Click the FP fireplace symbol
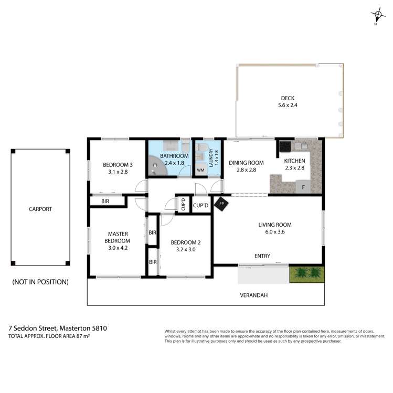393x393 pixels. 221,204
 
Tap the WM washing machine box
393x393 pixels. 201,170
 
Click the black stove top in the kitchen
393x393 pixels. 284,146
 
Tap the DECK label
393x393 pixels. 288,98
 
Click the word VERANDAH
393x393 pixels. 254,295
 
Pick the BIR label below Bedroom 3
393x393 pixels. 105,201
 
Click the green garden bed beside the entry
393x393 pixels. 307,273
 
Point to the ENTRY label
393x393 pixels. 262,256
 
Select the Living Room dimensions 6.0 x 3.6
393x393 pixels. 274,232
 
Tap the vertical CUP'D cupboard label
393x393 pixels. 183,205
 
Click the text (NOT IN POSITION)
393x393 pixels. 40,282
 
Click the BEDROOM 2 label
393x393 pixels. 186,242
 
